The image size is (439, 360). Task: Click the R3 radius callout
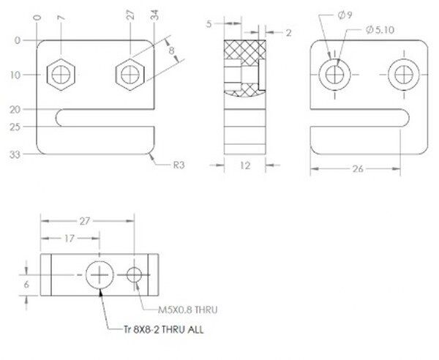tap(179, 165)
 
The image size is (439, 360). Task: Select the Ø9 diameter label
tap(345, 15)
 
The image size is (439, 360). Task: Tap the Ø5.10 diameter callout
tap(380, 29)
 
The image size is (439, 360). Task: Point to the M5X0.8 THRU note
tap(187, 310)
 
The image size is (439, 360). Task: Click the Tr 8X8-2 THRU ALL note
tap(163, 329)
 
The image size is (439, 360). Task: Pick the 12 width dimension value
tap(245, 165)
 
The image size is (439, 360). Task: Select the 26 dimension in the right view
tap(358, 169)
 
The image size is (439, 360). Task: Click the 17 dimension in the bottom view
tap(70, 239)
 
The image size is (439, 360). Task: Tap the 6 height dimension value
tap(26, 285)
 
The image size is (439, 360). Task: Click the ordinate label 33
tap(15, 154)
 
